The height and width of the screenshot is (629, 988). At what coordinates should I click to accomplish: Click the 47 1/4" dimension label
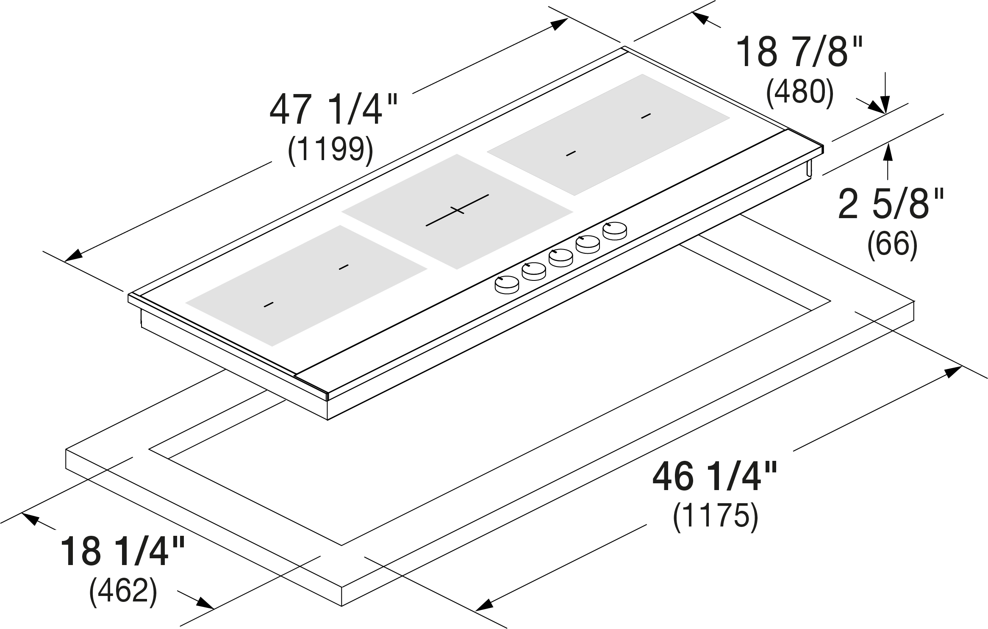333,110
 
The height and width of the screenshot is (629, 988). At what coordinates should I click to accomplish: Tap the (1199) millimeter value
330,150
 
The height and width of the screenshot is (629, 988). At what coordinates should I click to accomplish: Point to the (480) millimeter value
800,92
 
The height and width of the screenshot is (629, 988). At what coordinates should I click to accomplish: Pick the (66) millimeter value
892,244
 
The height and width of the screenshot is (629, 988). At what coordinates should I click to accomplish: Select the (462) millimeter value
123,591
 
